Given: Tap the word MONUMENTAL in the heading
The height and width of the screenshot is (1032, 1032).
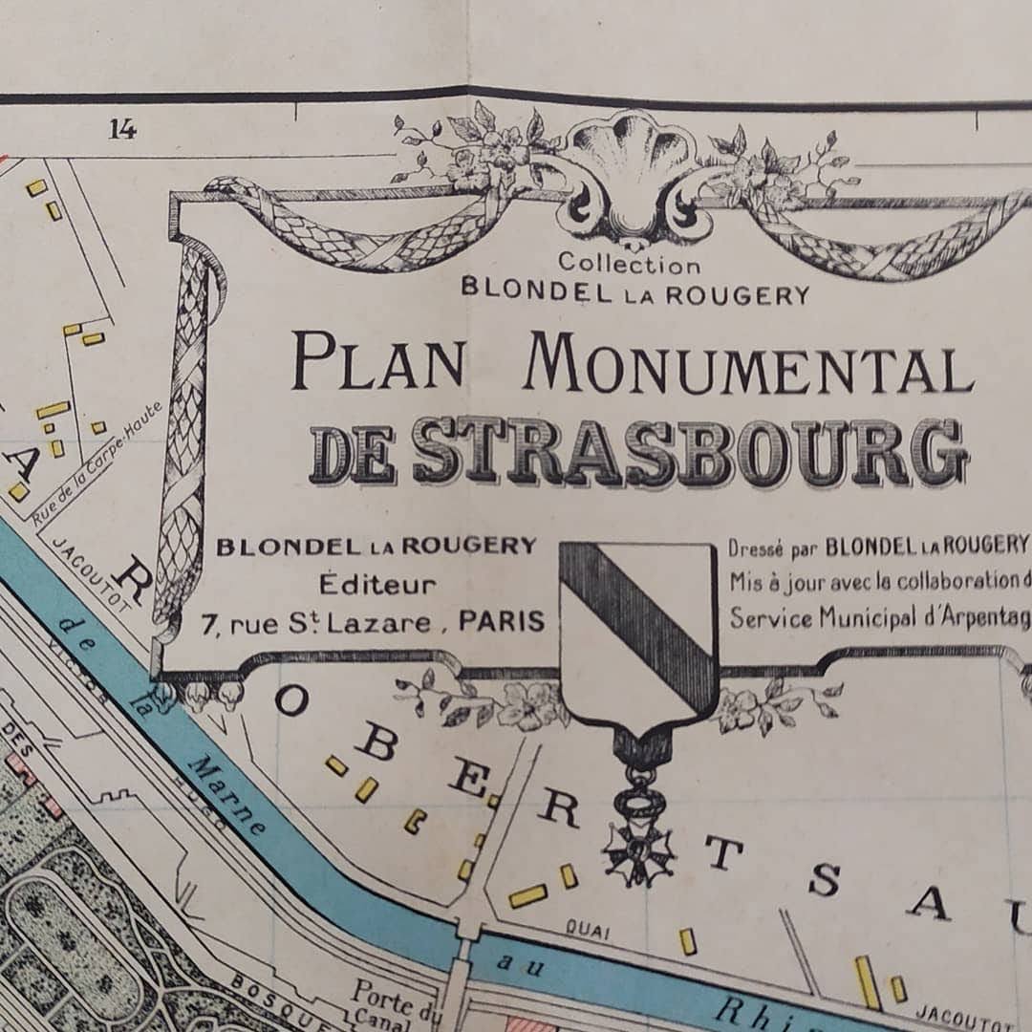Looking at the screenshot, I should coord(747,364).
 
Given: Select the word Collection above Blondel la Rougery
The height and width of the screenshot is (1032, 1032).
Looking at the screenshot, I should coord(629,264).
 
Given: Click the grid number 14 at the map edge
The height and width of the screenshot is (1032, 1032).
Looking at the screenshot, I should coord(121,129).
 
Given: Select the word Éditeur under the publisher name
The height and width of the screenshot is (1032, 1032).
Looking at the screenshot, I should coord(376,584).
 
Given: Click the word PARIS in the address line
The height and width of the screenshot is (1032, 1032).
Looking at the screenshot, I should coord(501,622).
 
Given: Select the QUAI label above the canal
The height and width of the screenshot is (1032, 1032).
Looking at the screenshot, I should coord(588,926).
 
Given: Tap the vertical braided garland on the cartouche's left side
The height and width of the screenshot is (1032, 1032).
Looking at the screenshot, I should coord(187,430).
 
